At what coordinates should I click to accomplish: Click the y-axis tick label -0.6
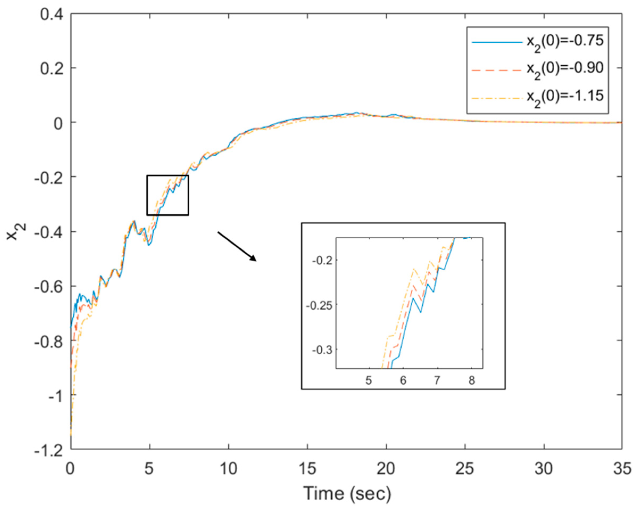(48, 286)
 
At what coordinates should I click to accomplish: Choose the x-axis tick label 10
(228, 469)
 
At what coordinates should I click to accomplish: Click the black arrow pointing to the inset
(237, 246)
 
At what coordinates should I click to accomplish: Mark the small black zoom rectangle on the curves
(168, 195)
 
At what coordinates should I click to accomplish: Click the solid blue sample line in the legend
(497, 43)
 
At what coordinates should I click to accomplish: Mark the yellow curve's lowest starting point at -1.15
(71, 435)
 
